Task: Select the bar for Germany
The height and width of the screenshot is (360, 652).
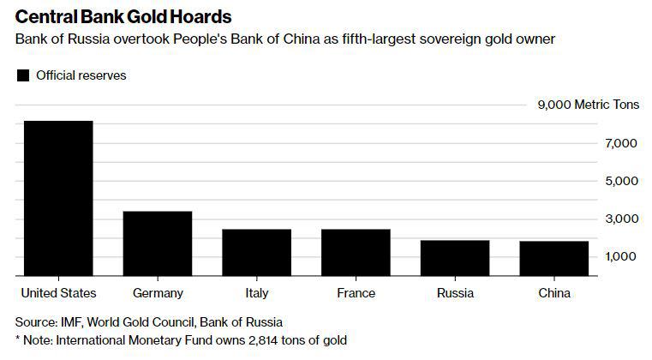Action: (158, 243)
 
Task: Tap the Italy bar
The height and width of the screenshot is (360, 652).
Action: (256, 253)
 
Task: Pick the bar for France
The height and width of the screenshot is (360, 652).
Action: (356, 253)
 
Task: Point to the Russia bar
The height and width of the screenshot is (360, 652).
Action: (455, 258)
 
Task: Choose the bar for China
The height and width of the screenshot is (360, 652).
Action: (553, 259)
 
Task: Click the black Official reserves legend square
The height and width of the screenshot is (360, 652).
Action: (23, 75)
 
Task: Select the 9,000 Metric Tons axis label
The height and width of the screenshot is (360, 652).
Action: (588, 105)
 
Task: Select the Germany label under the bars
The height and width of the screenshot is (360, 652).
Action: (158, 293)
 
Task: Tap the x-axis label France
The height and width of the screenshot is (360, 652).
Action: (356, 293)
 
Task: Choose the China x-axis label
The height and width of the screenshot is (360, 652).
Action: (553, 293)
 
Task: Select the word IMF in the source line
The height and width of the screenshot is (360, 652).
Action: (71, 322)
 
